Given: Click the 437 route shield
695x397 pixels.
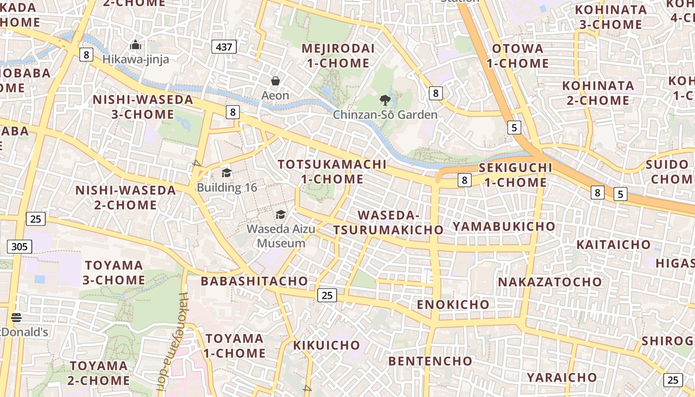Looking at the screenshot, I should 224,47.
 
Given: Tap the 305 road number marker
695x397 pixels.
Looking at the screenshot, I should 19,247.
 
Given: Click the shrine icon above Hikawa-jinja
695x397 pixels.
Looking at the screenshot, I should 136,45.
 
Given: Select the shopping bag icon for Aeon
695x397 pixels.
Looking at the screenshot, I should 276,81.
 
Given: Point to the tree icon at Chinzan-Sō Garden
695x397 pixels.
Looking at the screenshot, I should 385,101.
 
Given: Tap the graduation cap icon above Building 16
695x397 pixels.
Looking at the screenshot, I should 227,173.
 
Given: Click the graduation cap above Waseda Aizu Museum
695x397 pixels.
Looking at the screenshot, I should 281,215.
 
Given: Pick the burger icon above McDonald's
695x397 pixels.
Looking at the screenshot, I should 16,318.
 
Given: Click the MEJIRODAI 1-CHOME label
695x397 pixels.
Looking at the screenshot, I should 338,56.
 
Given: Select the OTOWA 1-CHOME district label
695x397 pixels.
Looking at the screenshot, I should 517,56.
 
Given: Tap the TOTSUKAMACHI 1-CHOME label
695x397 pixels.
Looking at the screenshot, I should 332,171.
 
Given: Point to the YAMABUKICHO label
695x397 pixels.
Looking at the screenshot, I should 504,226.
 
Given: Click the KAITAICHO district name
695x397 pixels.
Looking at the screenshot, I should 613,244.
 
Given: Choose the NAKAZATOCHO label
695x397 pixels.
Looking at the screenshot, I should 550,282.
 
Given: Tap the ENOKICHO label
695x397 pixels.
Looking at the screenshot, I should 453,304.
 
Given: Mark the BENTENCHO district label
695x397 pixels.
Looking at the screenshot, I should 430,361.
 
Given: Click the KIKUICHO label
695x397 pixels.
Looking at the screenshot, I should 326,345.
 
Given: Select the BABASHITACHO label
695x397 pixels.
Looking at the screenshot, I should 254,281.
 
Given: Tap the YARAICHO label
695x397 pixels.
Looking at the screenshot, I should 561,377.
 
